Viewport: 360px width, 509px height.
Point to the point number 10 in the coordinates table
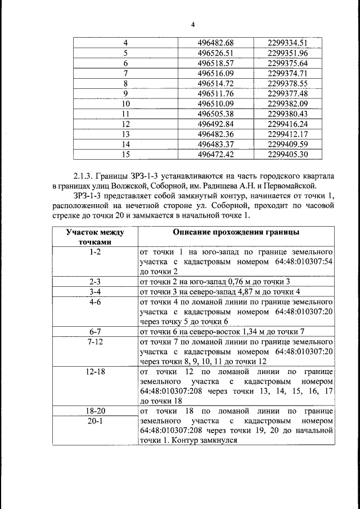[125, 104]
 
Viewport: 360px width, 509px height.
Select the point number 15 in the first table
[125, 155]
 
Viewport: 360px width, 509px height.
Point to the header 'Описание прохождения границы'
[236, 232]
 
